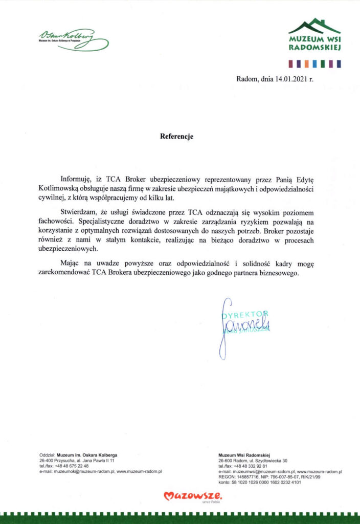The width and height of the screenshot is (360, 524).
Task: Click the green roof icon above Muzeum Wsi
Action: point(314,26)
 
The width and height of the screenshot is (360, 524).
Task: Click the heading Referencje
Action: point(177,137)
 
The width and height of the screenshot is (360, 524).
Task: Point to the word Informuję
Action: point(77,180)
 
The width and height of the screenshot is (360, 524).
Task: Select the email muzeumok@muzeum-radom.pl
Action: point(83,471)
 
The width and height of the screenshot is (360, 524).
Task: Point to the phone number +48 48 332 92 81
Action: point(251,466)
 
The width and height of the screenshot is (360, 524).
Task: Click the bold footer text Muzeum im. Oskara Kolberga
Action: point(87,454)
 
